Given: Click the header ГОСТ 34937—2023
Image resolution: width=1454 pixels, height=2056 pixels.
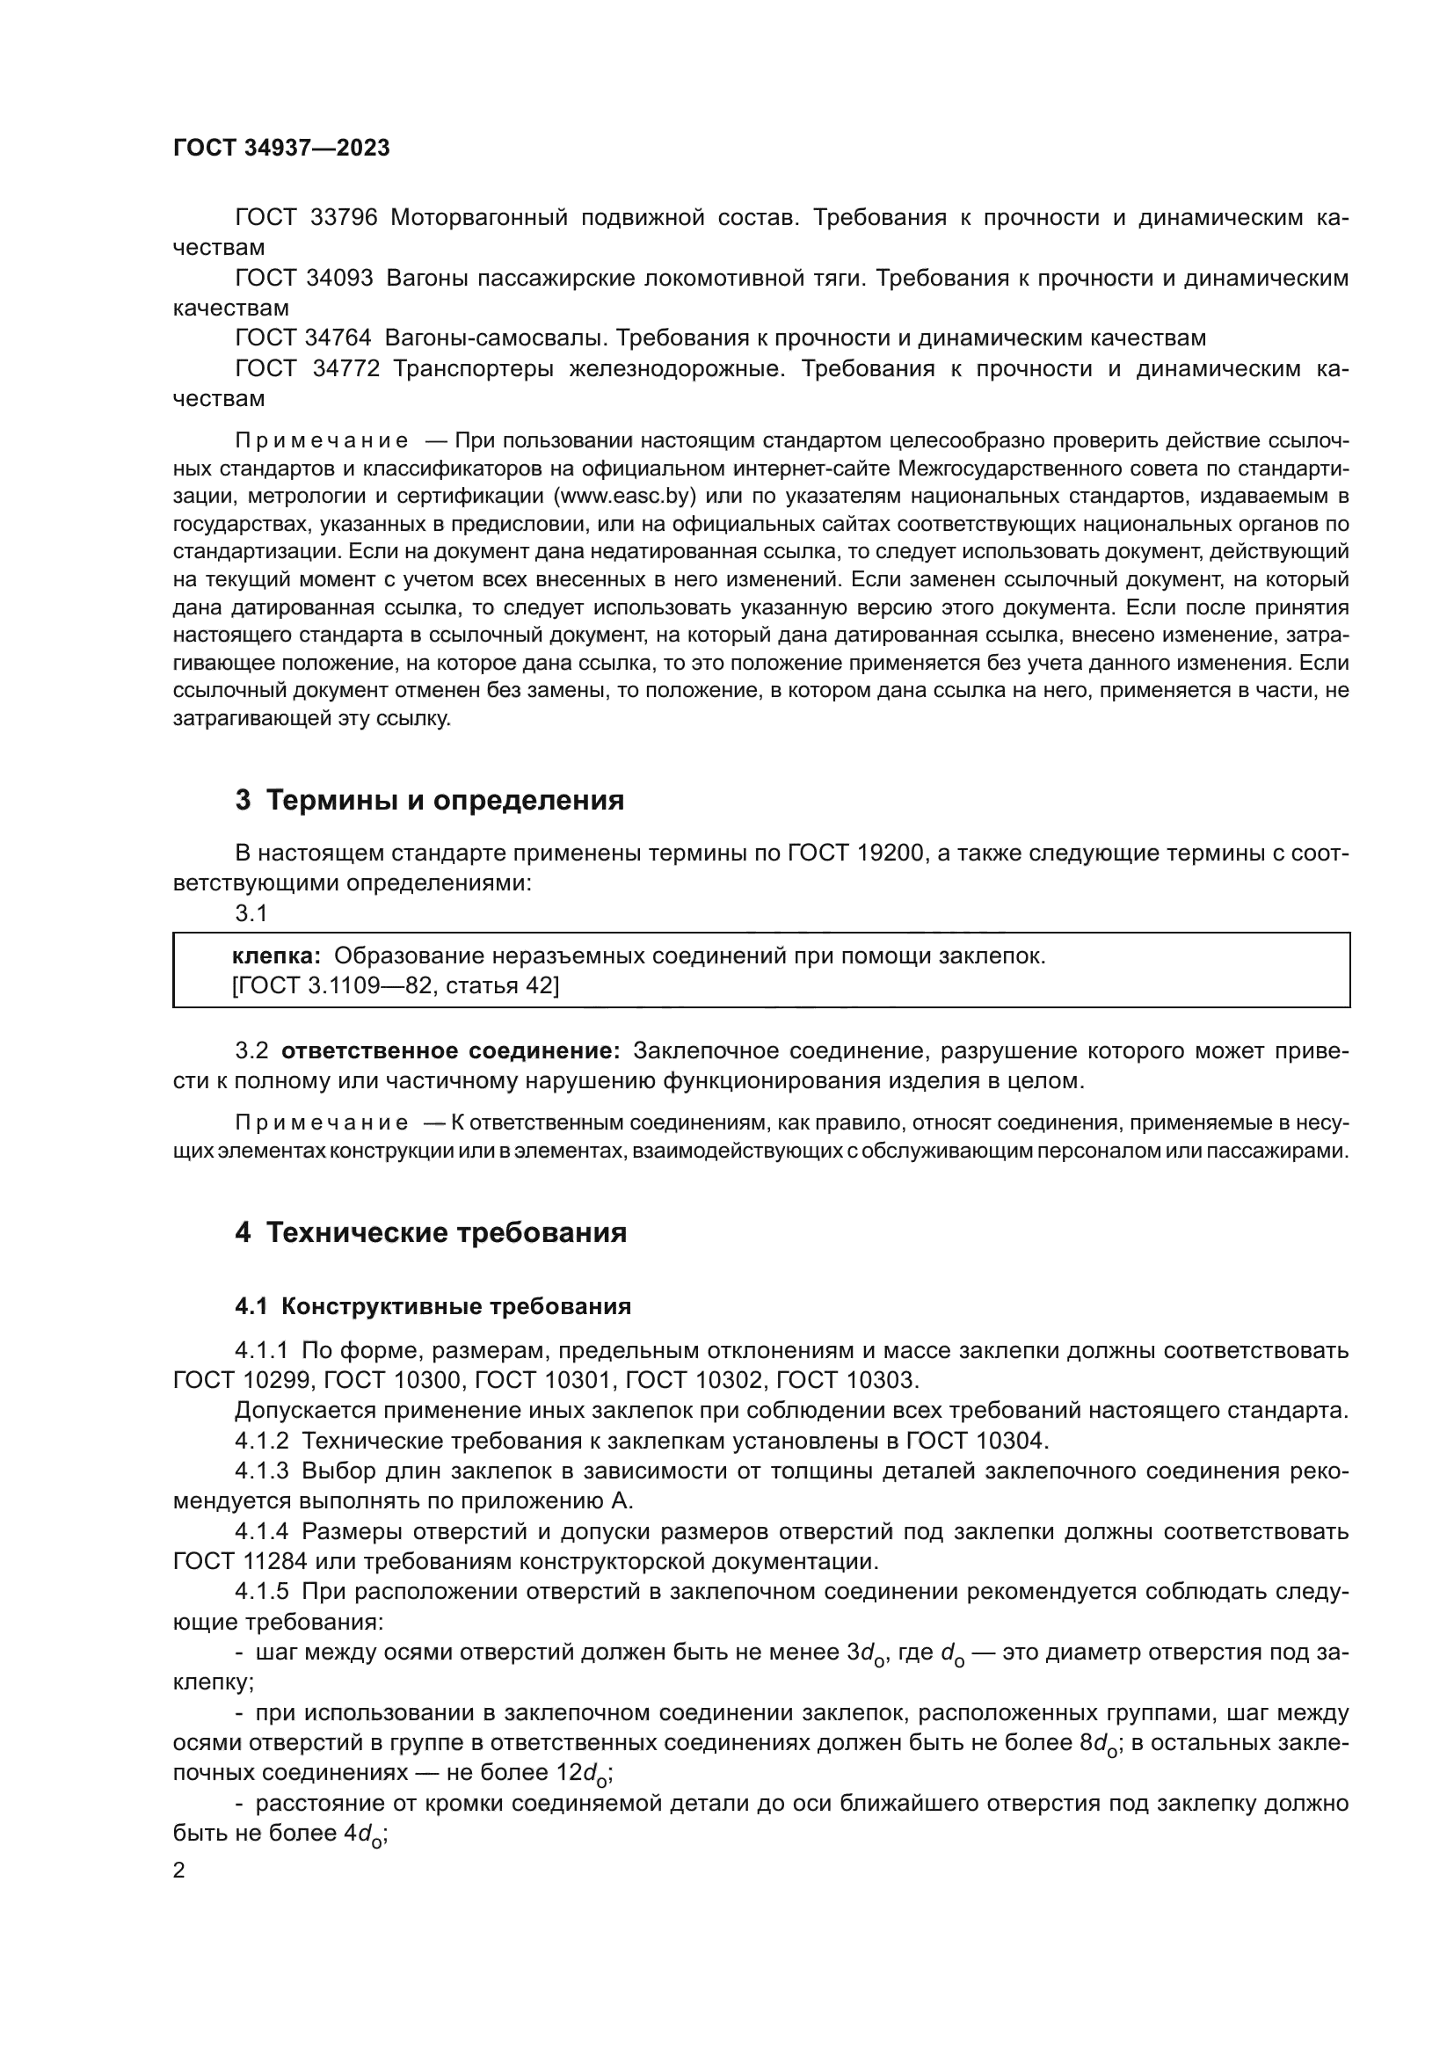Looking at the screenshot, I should (281, 149).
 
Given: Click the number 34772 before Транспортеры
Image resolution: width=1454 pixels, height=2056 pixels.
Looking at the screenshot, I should (345, 369).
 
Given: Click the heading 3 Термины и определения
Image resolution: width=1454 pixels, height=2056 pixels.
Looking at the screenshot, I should (430, 800).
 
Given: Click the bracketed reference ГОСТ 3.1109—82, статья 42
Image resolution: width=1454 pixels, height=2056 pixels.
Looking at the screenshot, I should (395, 986).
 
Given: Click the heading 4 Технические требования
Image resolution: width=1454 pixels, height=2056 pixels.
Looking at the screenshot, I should (431, 1233).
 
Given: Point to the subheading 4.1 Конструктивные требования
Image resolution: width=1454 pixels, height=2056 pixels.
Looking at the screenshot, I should (433, 1306).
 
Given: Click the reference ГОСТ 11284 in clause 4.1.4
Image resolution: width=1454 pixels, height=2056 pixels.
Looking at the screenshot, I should (240, 1562).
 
